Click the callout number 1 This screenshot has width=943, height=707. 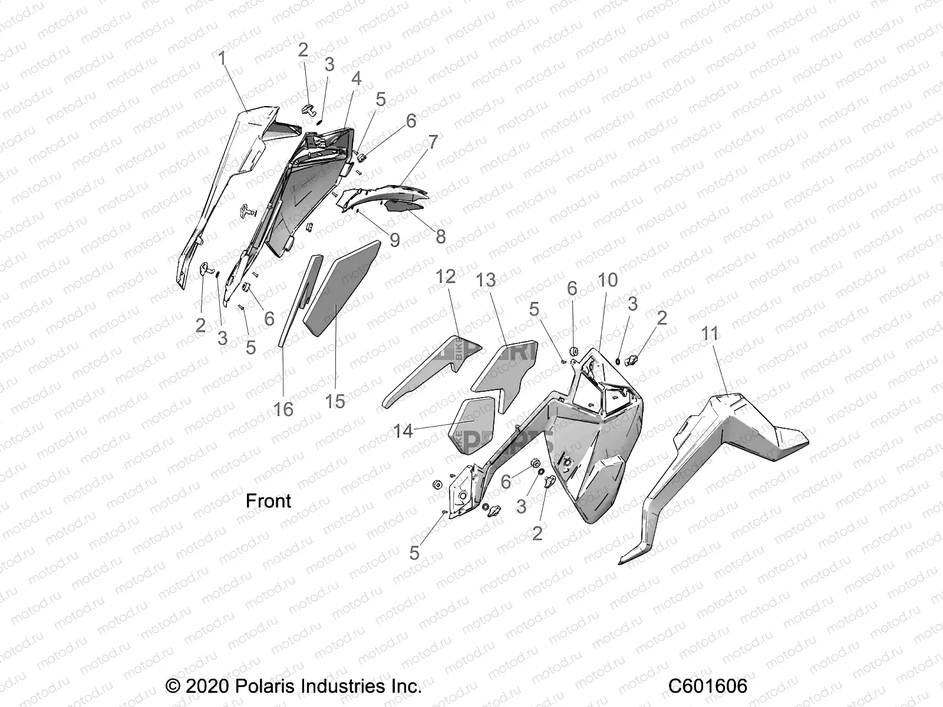(222, 59)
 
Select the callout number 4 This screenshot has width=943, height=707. (356, 78)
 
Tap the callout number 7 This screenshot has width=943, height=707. (433, 142)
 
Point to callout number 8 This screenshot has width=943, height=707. (440, 236)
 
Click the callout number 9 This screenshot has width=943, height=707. (394, 240)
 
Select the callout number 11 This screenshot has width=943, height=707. (710, 334)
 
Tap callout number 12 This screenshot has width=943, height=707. (446, 276)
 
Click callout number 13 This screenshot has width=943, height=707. (486, 280)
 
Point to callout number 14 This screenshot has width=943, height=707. (403, 431)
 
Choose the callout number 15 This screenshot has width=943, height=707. (335, 401)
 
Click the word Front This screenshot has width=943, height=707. (268, 501)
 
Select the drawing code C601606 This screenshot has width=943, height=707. (707, 686)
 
